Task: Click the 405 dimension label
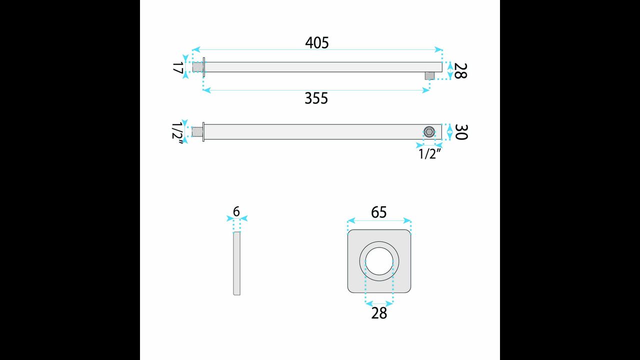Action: click(x=317, y=43)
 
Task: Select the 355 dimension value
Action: click(x=316, y=98)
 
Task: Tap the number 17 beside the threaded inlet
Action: click(x=177, y=67)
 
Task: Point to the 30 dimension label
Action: click(x=460, y=132)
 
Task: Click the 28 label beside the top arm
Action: click(x=460, y=71)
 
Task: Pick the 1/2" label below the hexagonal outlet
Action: click(x=429, y=154)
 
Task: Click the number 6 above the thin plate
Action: click(x=236, y=211)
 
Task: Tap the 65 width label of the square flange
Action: click(x=379, y=212)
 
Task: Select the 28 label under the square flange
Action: click(x=379, y=313)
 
